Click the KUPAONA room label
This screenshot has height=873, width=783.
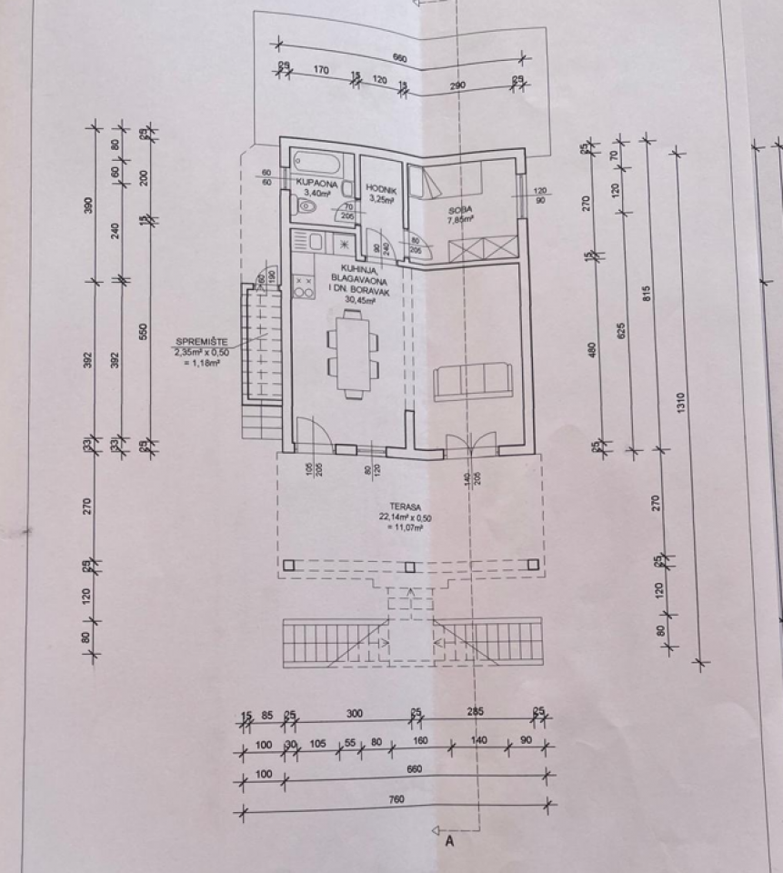coord(317,184)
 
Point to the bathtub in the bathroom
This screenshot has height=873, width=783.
coord(317,166)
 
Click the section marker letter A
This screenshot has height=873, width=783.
coord(448,842)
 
